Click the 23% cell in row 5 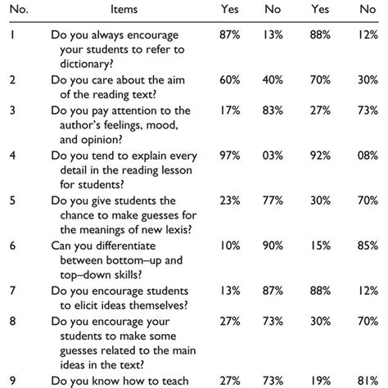coord(229,199)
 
